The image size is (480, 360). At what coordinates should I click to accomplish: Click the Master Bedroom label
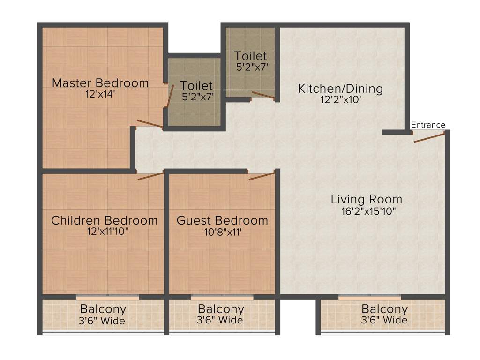point(100,83)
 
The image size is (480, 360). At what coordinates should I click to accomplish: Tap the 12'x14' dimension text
point(100,94)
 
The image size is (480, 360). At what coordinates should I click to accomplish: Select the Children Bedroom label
point(105,220)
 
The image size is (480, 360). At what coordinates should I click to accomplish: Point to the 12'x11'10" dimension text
point(105,232)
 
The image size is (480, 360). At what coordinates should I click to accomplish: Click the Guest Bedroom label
point(222,220)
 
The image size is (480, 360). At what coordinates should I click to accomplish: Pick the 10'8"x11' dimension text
point(222,232)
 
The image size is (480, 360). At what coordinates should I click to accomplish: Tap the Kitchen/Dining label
point(340,88)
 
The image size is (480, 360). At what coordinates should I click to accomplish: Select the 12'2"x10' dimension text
point(340,99)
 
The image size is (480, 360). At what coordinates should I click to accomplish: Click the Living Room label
point(367,199)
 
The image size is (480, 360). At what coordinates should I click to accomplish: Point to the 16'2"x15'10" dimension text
point(369,211)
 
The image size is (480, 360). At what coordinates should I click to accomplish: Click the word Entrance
point(428,125)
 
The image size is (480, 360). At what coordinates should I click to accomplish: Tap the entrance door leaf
point(429,137)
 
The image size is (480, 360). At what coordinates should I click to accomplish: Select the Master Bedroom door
point(150,124)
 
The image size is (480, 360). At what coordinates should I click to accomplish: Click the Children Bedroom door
point(150,176)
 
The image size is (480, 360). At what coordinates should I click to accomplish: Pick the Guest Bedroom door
point(262,176)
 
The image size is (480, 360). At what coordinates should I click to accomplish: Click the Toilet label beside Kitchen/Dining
point(251,56)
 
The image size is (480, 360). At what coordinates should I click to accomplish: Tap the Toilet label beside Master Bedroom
point(196,86)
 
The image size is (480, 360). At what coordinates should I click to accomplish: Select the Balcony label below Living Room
point(384,309)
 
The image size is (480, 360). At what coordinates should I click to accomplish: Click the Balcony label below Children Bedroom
point(103,309)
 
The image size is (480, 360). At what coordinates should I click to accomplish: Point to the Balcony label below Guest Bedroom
point(221,309)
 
